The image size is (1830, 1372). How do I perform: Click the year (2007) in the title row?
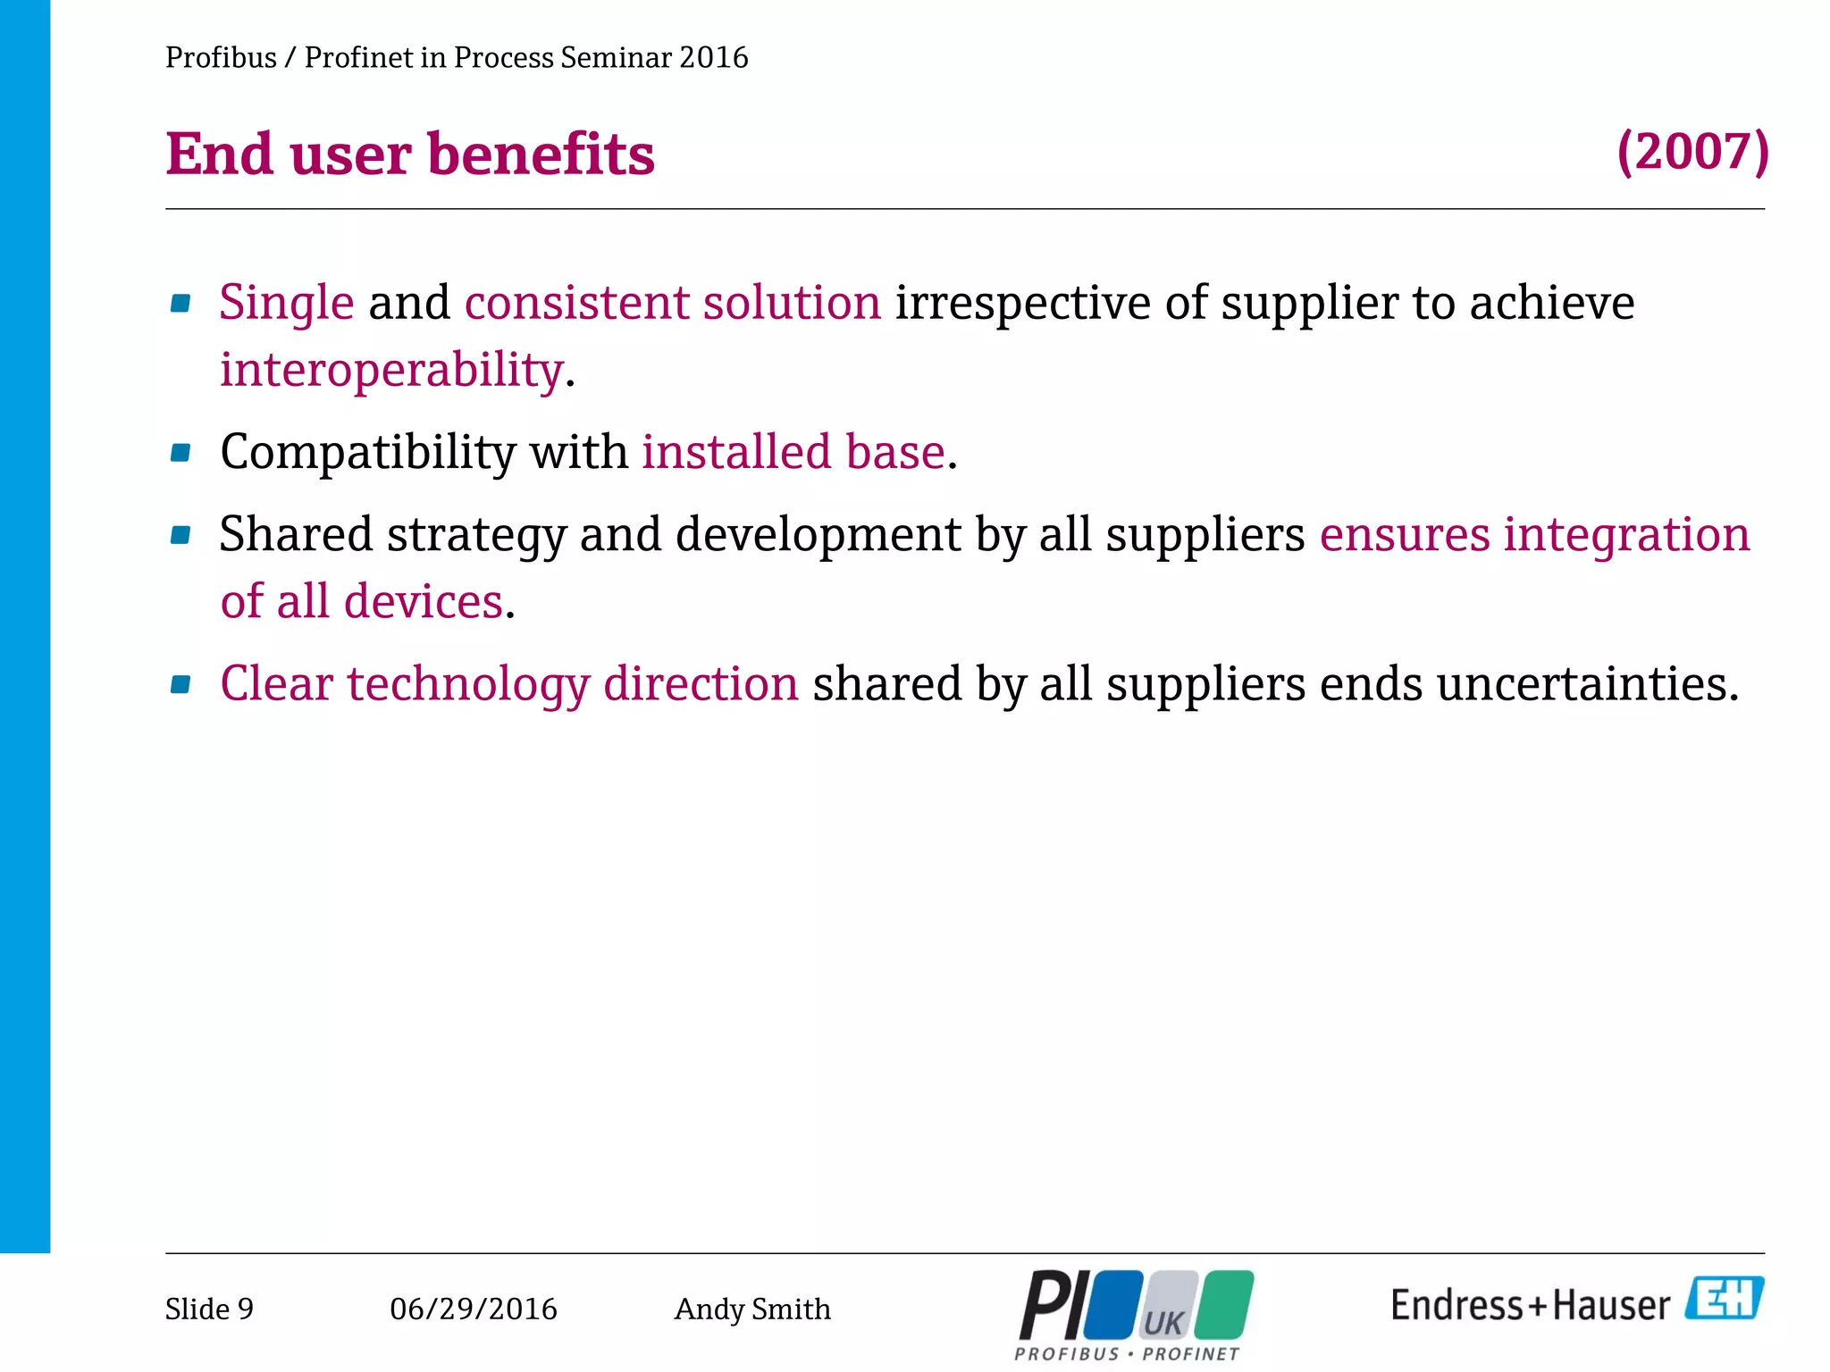(x=1692, y=152)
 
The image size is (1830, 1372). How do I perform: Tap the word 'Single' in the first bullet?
(x=287, y=302)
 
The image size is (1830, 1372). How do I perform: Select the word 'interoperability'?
(x=392, y=370)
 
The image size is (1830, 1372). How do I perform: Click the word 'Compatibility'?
(x=368, y=452)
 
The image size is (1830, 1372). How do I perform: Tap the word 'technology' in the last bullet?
(x=468, y=684)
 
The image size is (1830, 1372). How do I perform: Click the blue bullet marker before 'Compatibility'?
(x=180, y=453)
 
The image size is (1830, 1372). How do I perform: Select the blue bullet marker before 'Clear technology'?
(x=180, y=685)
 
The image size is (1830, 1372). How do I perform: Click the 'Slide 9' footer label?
(x=209, y=1309)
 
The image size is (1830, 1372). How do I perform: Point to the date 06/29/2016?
(x=473, y=1309)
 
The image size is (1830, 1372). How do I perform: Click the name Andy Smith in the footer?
(x=751, y=1309)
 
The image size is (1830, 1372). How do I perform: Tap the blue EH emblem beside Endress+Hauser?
(x=1725, y=1298)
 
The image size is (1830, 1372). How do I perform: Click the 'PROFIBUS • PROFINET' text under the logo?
(x=1127, y=1354)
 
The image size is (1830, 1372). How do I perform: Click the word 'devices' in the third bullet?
(x=424, y=601)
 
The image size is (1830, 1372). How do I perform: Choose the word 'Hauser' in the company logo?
(x=1611, y=1306)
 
